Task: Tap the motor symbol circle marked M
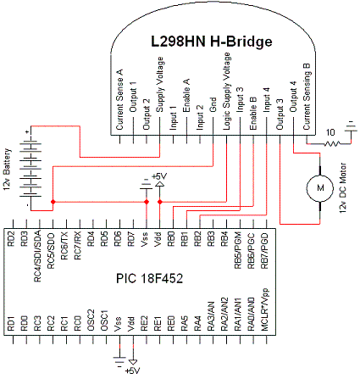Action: click(319, 185)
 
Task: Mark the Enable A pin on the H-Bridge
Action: click(186, 110)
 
